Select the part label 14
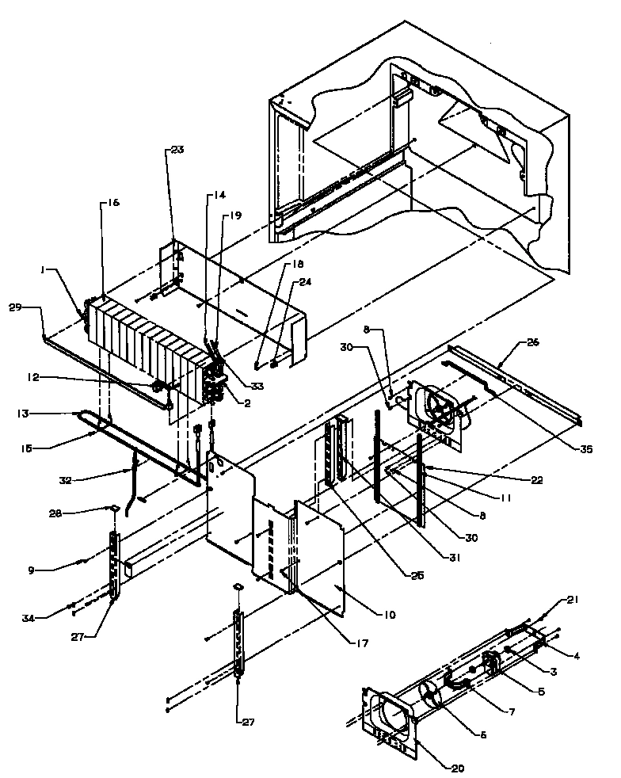point(219,195)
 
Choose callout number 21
point(572,600)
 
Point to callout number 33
point(257,387)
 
